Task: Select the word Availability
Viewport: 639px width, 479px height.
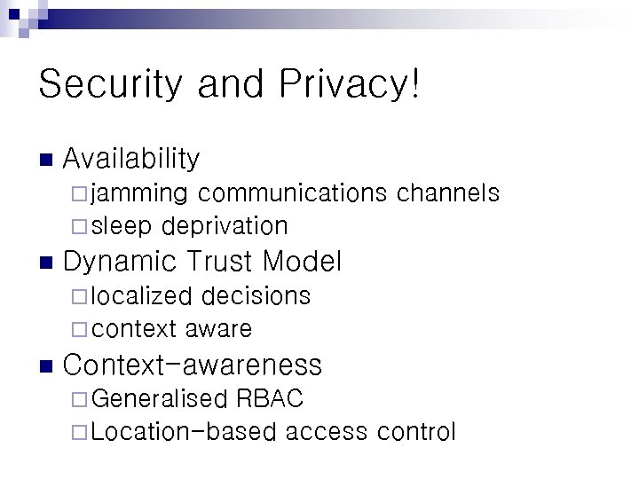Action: point(131,160)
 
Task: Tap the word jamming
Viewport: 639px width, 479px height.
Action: point(139,193)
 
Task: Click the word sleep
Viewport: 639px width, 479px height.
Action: point(122,226)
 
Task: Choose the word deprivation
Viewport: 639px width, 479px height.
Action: point(225,226)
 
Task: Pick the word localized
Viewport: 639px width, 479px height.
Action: point(141,295)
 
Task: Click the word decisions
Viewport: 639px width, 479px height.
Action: point(256,295)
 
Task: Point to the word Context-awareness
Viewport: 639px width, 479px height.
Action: point(193,365)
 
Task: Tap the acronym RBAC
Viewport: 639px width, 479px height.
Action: point(270,399)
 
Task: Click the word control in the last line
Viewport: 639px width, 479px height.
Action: point(416,432)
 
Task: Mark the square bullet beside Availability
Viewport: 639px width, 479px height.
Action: point(45,161)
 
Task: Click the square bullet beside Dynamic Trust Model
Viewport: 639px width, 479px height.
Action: point(45,263)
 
